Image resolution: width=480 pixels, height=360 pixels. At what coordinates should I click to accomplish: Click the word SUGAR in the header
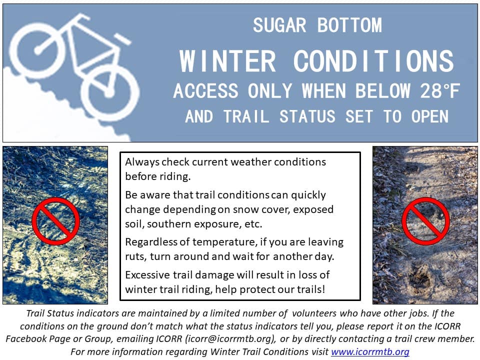[279, 25]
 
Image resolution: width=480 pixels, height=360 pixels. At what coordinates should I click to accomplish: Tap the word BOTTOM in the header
[349, 25]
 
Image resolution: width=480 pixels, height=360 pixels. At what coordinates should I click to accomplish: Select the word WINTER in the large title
[227, 61]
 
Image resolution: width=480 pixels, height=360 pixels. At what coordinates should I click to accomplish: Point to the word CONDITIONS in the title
[373, 61]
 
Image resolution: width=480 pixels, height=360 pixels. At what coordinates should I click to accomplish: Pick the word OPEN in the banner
[430, 116]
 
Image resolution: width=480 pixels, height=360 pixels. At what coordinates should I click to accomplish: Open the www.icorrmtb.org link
[370, 351]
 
